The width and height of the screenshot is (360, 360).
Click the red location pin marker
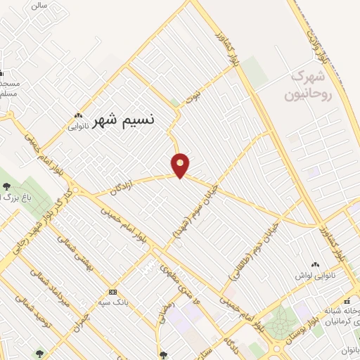tap(181, 165)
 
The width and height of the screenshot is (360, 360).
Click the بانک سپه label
tap(112, 302)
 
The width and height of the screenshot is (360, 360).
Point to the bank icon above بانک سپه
tap(112, 292)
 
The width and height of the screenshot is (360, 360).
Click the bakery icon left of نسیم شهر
tap(77, 117)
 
